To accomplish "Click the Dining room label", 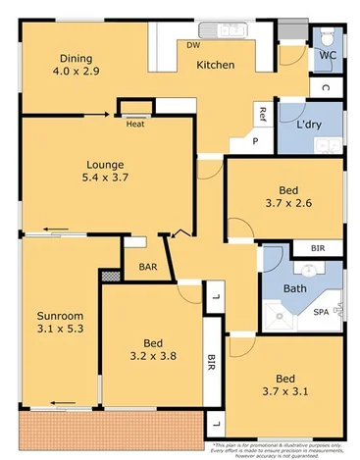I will [x=75, y=58].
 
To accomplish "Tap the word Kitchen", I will [x=215, y=65].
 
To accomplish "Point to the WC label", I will [x=327, y=56].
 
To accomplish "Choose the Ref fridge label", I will [x=262, y=114].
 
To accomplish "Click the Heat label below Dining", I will [x=135, y=124].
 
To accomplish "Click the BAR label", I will [x=147, y=266].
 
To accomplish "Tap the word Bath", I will [x=294, y=289].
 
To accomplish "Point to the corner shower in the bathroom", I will [x=281, y=316].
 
